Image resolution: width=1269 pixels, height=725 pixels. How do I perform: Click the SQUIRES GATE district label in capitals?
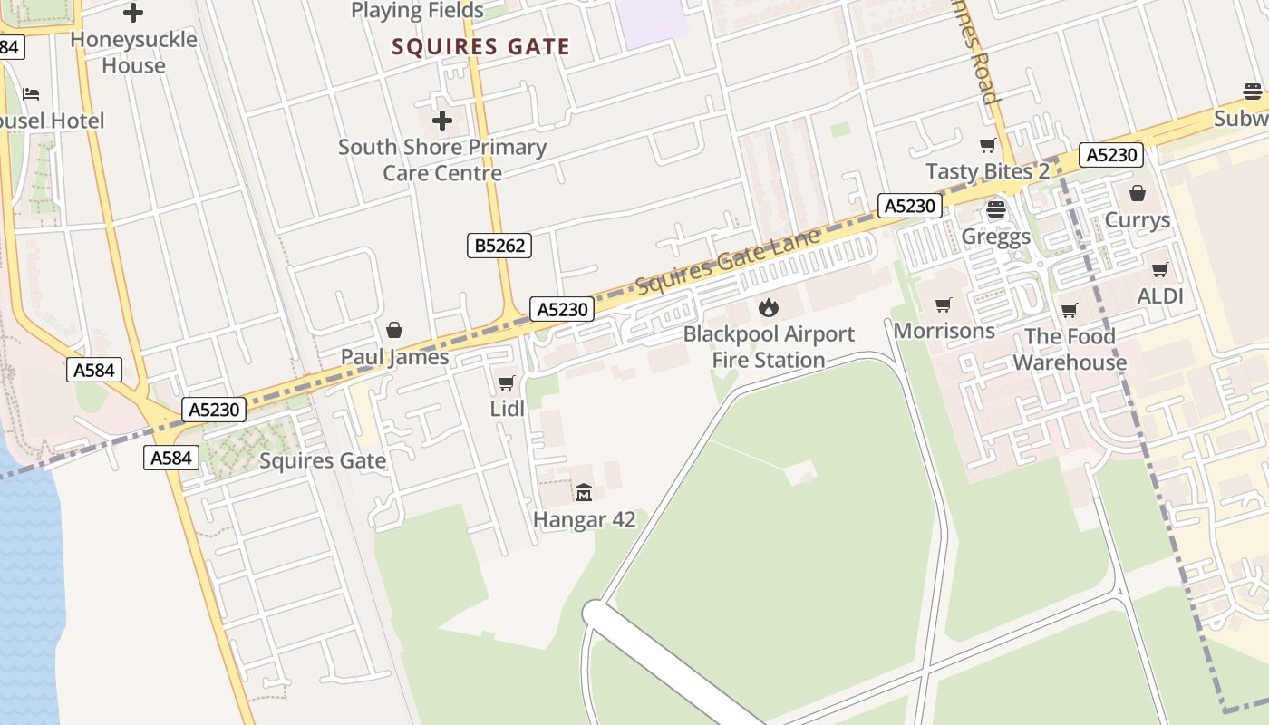(x=480, y=47)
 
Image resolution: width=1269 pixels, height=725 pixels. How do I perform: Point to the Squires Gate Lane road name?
(x=728, y=262)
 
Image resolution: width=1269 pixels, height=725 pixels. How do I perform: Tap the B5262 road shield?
(x=499, y=245)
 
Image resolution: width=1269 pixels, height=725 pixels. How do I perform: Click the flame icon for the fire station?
(x=769, y=307)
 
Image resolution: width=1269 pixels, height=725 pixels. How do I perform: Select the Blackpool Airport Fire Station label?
(x=769, y=347)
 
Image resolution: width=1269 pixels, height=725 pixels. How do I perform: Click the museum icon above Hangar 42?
(x=584, y=493)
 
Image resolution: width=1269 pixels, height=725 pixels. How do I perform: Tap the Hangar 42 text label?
(x=584, y=520)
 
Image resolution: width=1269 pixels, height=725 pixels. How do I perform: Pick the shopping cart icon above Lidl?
(x=507, y=383)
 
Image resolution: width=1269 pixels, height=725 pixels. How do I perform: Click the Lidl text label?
(x=508, y=409)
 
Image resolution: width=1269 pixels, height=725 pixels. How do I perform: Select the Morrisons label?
(x=944, y=331)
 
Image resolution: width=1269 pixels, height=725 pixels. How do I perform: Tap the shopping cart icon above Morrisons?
(x=944, y=305)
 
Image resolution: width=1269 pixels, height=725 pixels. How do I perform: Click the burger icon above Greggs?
(x=996, y=210)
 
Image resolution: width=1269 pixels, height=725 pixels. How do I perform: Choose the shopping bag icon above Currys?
(x=1138, y=193)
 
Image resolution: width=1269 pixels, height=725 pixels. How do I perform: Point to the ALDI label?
(x=1160, y=296)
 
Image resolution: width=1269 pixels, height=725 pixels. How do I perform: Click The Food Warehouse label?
(x=1070, y=350)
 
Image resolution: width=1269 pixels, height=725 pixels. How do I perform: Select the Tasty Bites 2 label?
(x=987, y=171)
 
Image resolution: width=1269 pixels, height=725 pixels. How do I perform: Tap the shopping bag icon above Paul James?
(x=394, y=330)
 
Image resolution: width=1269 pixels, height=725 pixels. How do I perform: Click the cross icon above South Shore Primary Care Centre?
(x=442, y=121)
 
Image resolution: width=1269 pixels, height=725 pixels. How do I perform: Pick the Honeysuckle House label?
(x=133, y=53)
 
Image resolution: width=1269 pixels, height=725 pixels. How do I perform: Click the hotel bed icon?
(x=31, y=94)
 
